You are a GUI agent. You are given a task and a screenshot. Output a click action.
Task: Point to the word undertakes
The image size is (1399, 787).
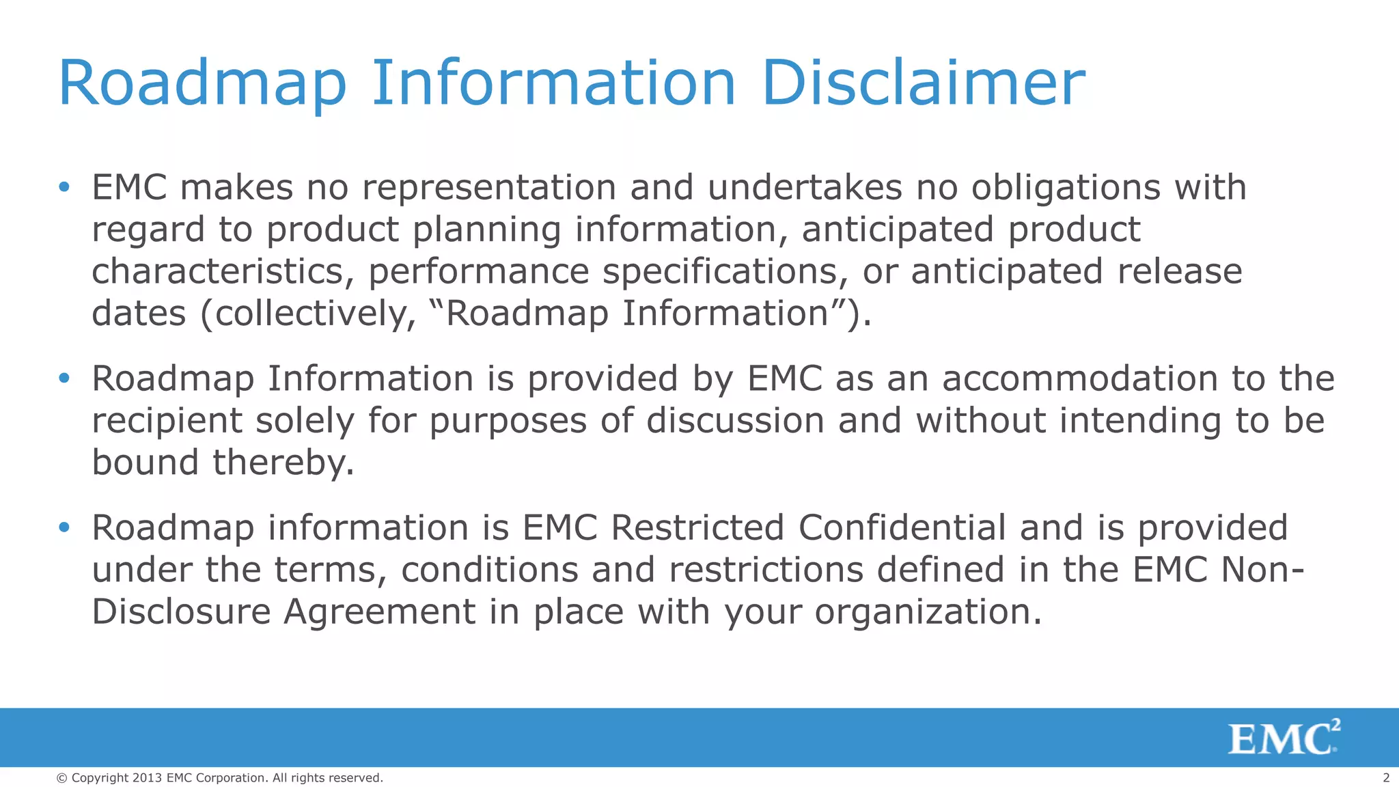805,187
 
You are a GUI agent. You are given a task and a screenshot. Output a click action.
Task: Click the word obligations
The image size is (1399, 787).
1066,189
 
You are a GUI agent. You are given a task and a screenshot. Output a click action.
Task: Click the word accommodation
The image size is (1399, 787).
1080,378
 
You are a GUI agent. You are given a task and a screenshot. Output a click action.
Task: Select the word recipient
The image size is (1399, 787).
167,422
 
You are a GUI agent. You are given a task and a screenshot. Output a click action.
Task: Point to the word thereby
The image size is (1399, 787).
283,462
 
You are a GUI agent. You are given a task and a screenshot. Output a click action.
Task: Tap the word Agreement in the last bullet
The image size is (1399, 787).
379,611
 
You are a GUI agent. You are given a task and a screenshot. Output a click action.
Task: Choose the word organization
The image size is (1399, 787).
928,613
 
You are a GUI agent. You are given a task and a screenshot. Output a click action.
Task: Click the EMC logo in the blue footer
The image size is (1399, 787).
1284,738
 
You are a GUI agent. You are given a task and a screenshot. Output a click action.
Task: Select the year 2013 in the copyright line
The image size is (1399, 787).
147,778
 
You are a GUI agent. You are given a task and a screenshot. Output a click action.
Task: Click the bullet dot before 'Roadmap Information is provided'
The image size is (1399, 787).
64,378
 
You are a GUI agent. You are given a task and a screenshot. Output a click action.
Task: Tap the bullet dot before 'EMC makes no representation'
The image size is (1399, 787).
64,187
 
